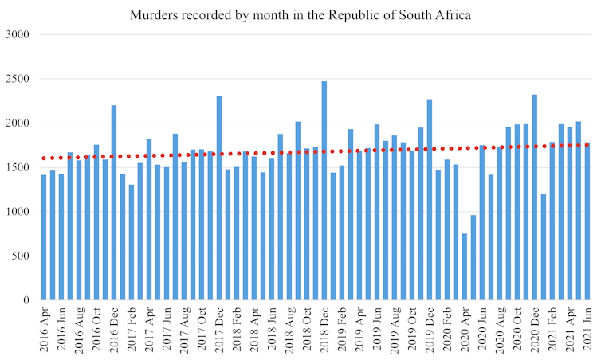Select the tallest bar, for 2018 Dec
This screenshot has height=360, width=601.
pos(324,191)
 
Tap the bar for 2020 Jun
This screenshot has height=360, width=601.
pos(482,223)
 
